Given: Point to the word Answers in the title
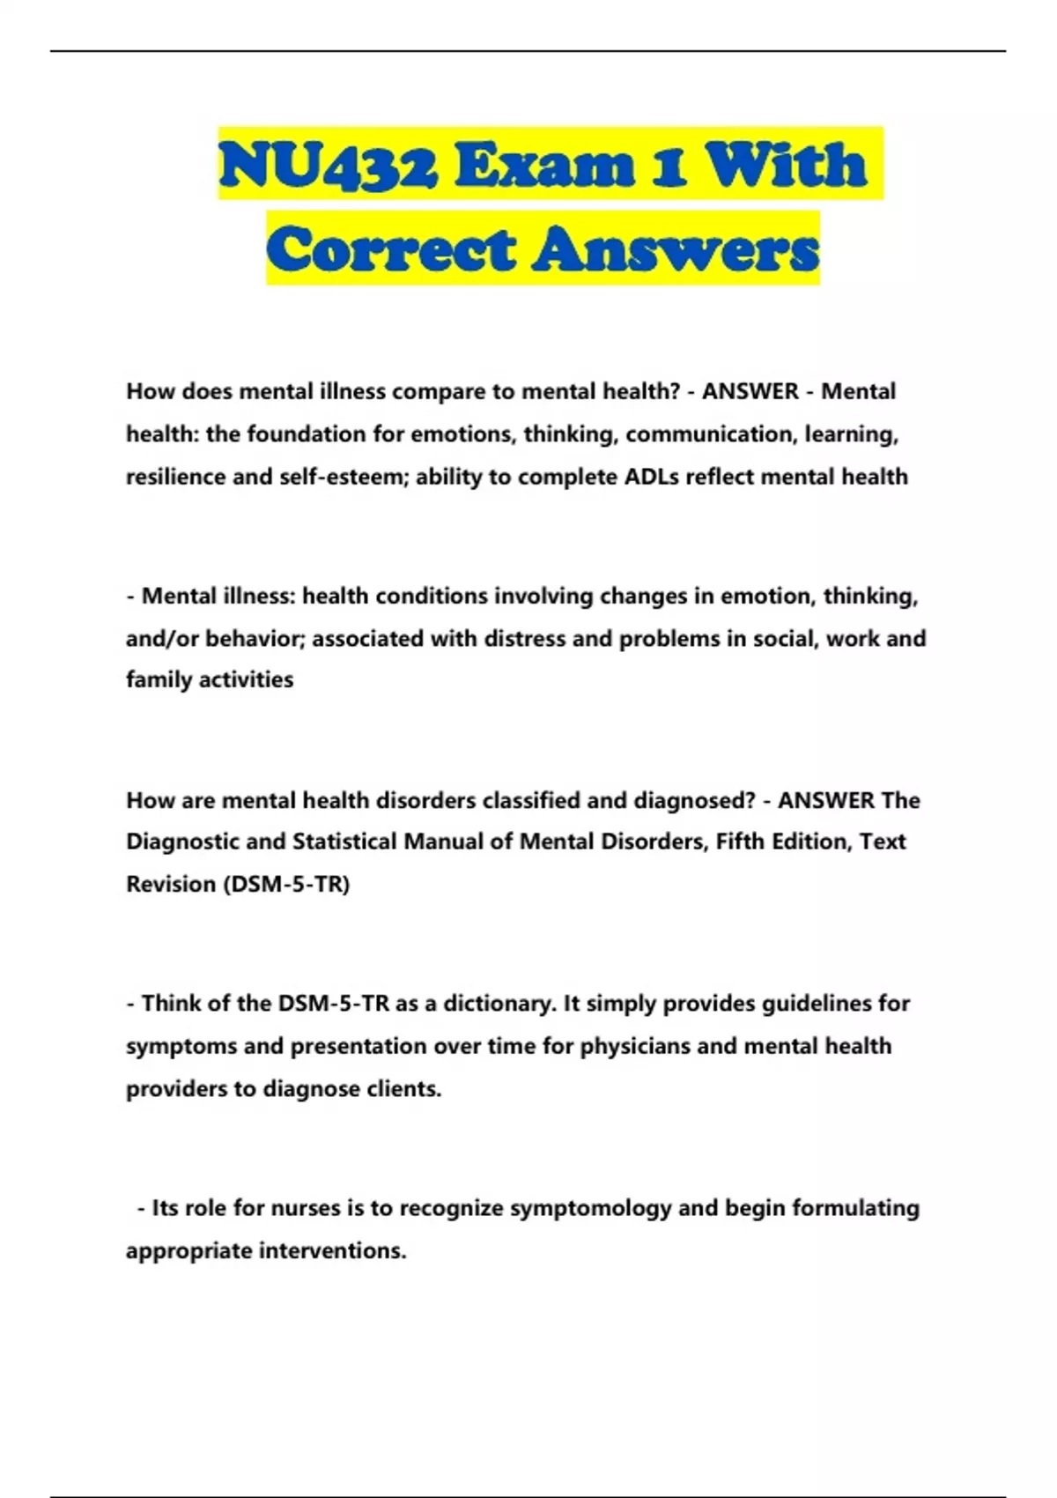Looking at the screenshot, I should click(675, 248).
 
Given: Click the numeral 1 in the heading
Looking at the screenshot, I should click(670, 165).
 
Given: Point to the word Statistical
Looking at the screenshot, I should click(344, 842).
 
